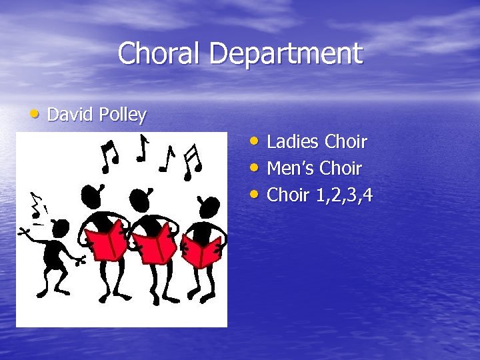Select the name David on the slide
click(x=70, y=115)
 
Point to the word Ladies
click(x=293, y=142)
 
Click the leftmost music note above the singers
click(x=109, y=155)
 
